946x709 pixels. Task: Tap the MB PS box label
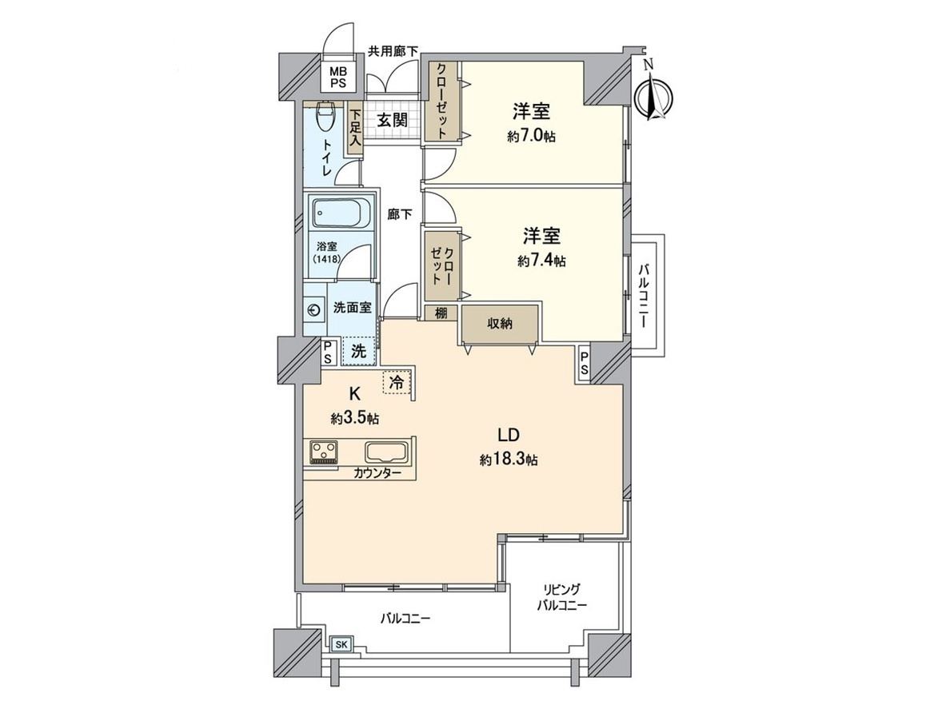point(340,78)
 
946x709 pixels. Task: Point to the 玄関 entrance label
point(392,121)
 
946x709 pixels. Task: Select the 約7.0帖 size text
point(531,137)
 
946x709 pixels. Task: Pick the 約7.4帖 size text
point(541,261)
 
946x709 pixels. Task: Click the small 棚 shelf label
point(441,313)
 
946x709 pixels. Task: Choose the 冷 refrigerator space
point(396,383)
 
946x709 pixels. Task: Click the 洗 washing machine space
point(359,349)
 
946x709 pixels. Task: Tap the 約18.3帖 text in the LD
point(509,460)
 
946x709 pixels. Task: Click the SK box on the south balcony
point(341,644)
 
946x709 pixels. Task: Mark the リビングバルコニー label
point(561,599)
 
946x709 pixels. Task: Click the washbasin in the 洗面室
point(313,311)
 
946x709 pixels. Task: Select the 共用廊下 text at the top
point(393,52)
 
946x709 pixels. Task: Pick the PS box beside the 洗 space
point(328,352)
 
